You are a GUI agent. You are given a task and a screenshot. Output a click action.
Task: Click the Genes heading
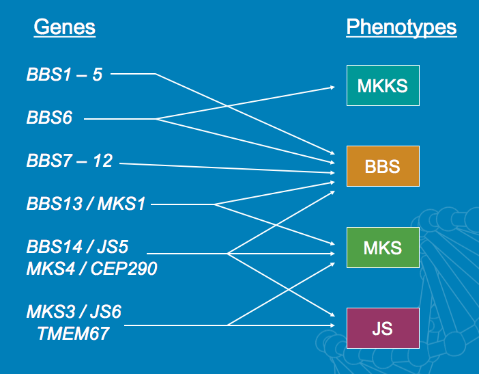64,27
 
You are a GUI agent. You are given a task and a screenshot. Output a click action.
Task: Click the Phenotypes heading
401,27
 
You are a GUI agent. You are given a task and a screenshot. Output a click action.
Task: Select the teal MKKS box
382,85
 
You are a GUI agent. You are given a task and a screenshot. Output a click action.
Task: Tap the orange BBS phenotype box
382,166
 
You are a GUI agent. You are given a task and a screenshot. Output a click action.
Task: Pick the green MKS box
382,247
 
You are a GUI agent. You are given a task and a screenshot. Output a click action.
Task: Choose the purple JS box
382,328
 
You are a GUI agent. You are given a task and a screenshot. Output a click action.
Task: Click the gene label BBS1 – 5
64,74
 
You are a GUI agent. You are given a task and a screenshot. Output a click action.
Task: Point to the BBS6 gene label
49,118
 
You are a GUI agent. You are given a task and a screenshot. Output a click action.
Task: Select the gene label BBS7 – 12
69,162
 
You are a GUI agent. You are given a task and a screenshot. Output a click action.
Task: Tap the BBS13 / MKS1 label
85,204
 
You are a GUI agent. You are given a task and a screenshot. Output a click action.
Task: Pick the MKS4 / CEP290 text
91,269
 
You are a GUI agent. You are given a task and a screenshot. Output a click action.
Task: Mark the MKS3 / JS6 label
74,312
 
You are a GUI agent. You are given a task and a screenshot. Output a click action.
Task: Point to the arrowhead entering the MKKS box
332,87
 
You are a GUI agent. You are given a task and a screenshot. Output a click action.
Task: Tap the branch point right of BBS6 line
156,119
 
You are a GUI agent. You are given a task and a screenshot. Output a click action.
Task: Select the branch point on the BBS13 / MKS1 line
214,204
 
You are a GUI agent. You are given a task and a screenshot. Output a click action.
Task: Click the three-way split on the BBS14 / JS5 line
227,254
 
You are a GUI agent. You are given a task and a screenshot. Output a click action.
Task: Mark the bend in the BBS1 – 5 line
156,74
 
